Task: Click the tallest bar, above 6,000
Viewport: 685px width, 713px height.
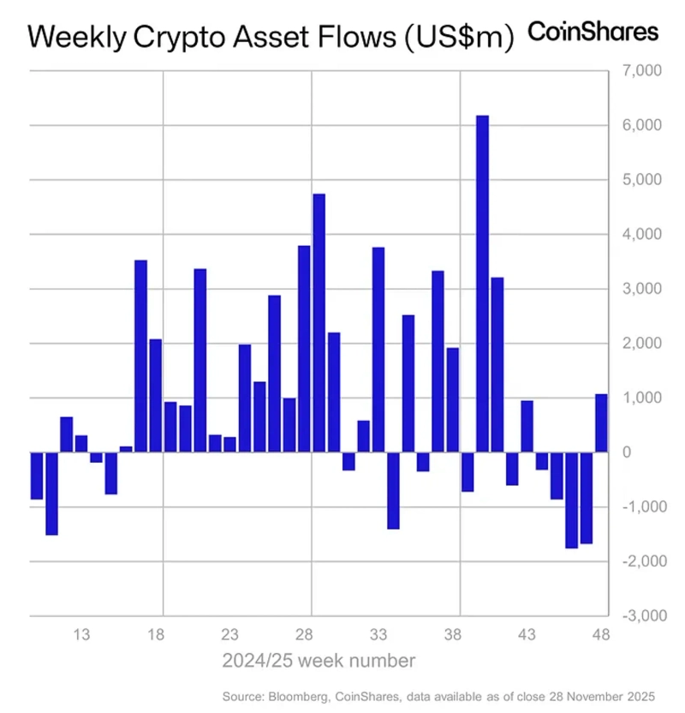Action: pyautogui.click(x=482, y=283)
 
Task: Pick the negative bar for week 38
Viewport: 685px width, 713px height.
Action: pyautogui.click(x=468, y=471)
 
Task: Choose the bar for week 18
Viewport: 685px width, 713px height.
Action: pyautogui.click(x=156, y=395)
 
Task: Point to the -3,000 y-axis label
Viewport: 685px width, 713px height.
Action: pyautogui.click(x=633, y=616)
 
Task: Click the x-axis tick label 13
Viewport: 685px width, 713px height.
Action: pyautogui.click(x=82, y=635)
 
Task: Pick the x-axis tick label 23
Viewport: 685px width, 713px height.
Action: pyautogui.click(x=229, y=635)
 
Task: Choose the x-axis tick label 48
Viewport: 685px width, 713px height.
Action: pyautogui.click(x=600, y=635)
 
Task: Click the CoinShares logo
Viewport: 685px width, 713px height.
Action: pyautogui.click(x=593, y=32)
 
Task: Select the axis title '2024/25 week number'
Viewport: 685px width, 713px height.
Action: pyautogui.click(x=319, y=661)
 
